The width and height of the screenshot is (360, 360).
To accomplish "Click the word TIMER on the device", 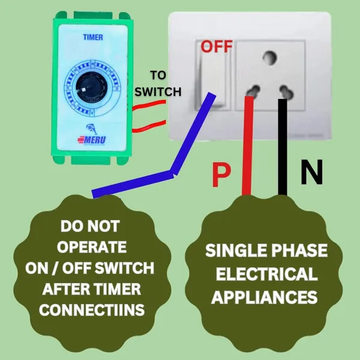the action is point(93,37).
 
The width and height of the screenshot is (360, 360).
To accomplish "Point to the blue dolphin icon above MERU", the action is point(92,129).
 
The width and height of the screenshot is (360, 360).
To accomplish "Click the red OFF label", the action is point(217,46).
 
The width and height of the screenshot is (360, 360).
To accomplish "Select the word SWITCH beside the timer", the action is point(158,92).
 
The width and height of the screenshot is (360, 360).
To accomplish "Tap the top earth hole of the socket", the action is point(269,57).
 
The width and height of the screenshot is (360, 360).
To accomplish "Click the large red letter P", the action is point(221,175).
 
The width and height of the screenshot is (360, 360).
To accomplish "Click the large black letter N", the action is point(312,172).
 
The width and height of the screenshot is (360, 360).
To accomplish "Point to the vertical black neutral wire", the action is point(283,147).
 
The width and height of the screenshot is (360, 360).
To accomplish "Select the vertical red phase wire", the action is point(248,146).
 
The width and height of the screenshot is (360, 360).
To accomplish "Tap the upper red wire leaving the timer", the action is point(149,106).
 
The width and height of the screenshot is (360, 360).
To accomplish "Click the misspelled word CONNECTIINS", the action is point(92,310).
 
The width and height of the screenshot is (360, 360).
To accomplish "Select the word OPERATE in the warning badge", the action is point(92,247).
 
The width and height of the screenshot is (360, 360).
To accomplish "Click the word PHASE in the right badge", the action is point(299,250).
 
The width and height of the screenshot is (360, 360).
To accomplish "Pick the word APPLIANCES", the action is point(265,297).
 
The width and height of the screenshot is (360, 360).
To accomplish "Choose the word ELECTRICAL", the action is point(267,274).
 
